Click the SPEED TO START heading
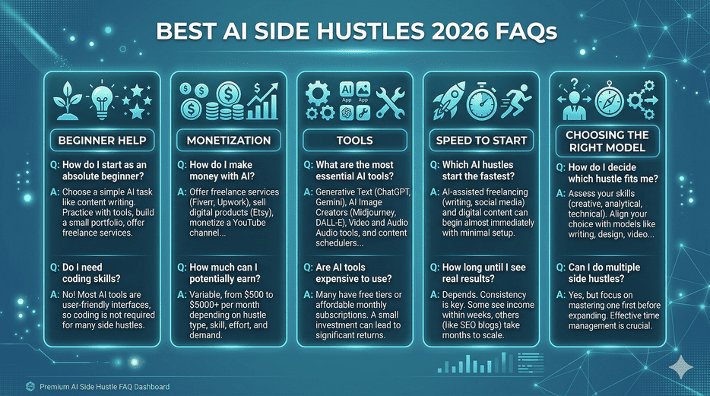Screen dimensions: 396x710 click(480, 140)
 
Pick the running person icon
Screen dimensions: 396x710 click(518, 103)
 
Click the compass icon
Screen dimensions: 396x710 click(608, 101)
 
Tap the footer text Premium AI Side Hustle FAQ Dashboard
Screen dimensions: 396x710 click(104, 386)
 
